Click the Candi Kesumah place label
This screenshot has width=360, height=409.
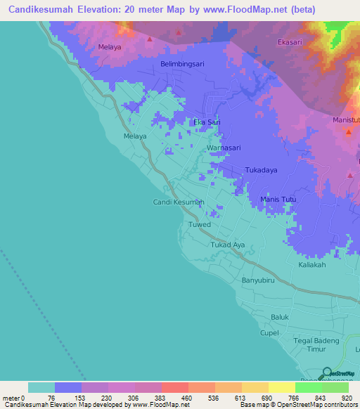[x=179, y=202]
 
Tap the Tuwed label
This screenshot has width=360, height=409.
[x=199, y=224]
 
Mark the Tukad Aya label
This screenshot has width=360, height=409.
[x=228, y=245]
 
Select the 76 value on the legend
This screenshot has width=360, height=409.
[x=51, y=398]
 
